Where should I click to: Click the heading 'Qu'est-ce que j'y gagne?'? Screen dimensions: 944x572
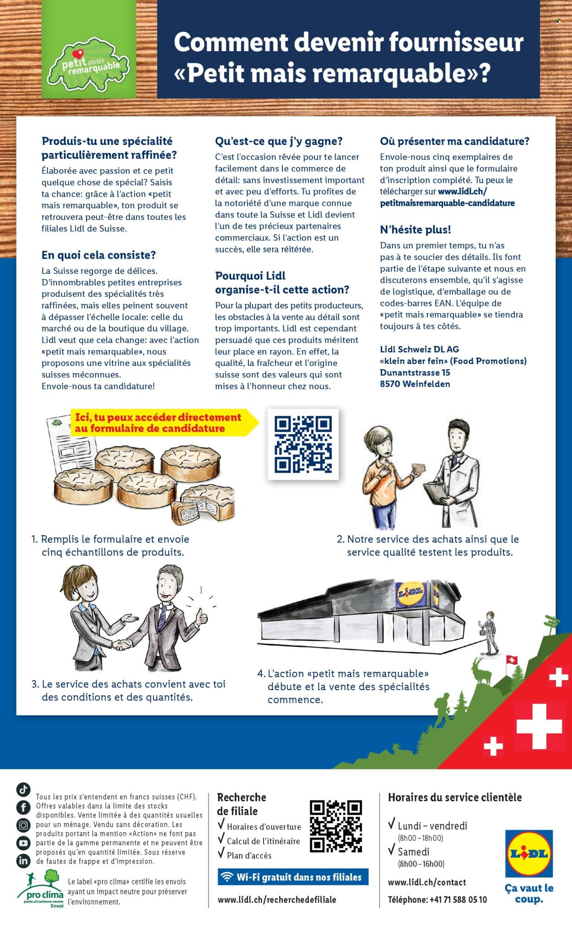279,141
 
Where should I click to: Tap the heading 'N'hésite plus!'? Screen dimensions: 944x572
416,230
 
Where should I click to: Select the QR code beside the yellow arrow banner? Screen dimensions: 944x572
303,445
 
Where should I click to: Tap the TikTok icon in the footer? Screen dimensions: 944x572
23,789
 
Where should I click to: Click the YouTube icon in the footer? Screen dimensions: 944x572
23,842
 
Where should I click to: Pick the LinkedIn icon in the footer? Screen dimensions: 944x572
23,860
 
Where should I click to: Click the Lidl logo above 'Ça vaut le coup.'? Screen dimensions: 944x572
529,854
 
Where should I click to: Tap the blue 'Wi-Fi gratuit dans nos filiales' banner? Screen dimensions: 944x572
293,877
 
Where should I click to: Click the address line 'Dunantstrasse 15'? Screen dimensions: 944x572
415,372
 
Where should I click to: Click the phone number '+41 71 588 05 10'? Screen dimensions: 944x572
458,900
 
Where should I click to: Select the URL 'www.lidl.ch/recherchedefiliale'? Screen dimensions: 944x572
277,900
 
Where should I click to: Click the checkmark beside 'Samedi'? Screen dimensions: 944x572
392,850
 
